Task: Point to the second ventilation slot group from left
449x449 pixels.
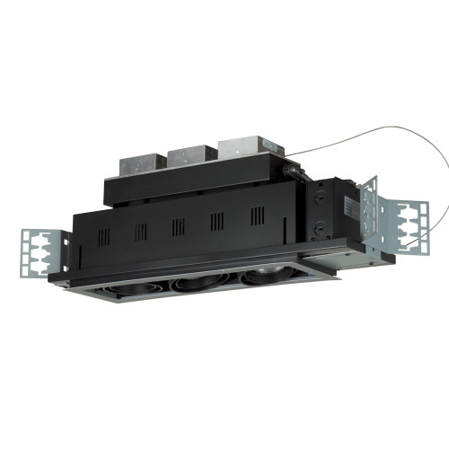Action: click(x=141, y=231)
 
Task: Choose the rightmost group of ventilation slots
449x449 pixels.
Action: click(x=257, y=216)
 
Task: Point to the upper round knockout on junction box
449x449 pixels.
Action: click(x=318, y=190)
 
